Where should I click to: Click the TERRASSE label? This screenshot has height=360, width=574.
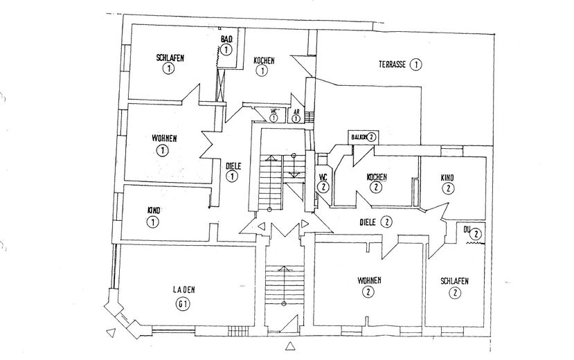coord(391,64)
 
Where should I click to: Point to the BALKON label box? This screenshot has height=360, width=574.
coord(363,137)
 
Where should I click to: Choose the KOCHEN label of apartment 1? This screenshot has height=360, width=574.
coord(264,61)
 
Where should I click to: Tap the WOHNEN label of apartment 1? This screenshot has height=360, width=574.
coord(164,138)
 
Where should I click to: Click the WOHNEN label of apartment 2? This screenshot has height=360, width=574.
coord(369,280)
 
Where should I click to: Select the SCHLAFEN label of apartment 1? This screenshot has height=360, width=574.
coord(170,58)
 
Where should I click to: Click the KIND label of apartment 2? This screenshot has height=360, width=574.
coord(448,177)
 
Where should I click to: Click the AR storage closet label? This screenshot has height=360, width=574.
coord(296,111)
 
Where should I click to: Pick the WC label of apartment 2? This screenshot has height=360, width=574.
coord(323,177)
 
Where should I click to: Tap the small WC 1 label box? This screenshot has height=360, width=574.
coord(273,111)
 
